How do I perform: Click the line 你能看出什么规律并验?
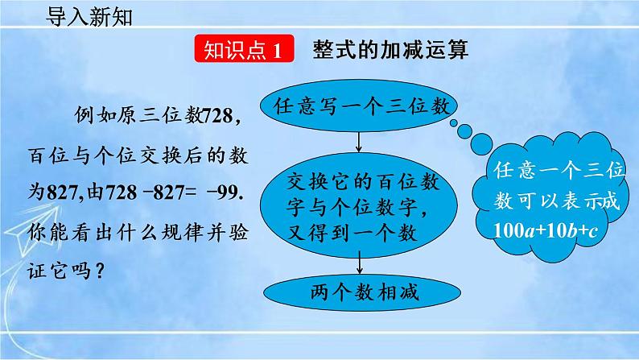click(145, 232)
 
